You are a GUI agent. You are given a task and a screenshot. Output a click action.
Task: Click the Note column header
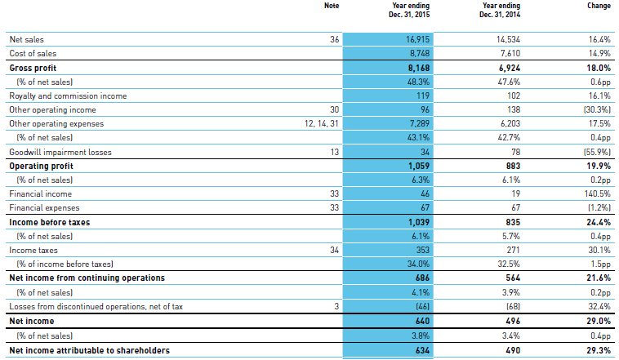[x=331, y=6]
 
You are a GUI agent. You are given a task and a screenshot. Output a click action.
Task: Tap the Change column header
[x=599, y=6]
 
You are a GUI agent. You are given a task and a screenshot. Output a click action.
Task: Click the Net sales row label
[x=28, y=39]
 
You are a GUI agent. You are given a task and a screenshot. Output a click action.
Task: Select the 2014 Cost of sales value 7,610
[x=507, y=53]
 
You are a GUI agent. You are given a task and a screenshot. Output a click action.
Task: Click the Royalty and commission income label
[x=68, y=96]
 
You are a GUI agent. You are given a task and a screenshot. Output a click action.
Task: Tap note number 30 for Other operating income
[x=332, y=109]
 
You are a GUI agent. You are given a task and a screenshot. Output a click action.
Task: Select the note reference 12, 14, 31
[x=318, y=124]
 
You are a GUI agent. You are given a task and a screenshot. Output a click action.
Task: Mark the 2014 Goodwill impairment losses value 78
[x=513, y=152]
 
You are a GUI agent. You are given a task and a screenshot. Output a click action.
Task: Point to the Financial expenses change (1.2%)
[x=596, y=208]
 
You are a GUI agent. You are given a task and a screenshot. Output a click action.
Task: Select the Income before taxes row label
[x=49, y=222]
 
